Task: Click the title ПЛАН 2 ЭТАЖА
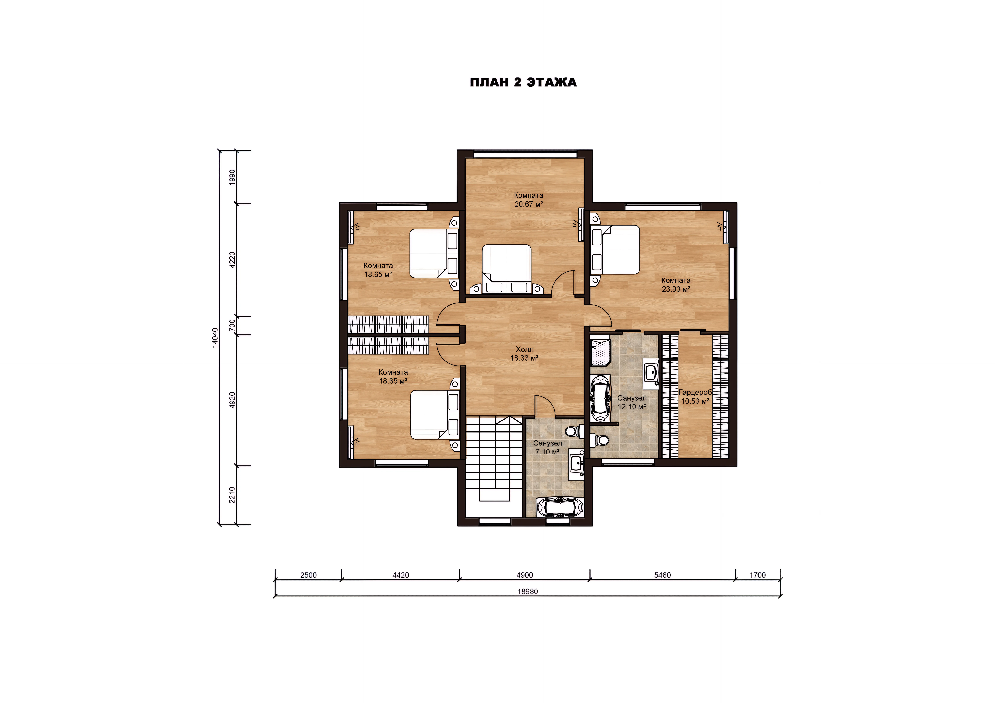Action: pyautogui.click(x=523, y=82)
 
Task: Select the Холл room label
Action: pyautogui.click(x=524, y=349)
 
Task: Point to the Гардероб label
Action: pyautogui.click(x=695, y=392)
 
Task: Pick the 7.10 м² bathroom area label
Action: pyautogui.click(x=547, y=452)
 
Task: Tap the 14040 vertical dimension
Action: pyautogui.click(x=215, y=337)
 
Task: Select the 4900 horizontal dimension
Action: pyautogui.click(x=524, y=575)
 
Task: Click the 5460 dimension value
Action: pyautogui.click(x=662, y=575)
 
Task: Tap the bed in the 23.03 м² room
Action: pyautogui.click(x=615, y=249)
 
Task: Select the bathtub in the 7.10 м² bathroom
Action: pyautogui.click(x=560, y=507)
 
